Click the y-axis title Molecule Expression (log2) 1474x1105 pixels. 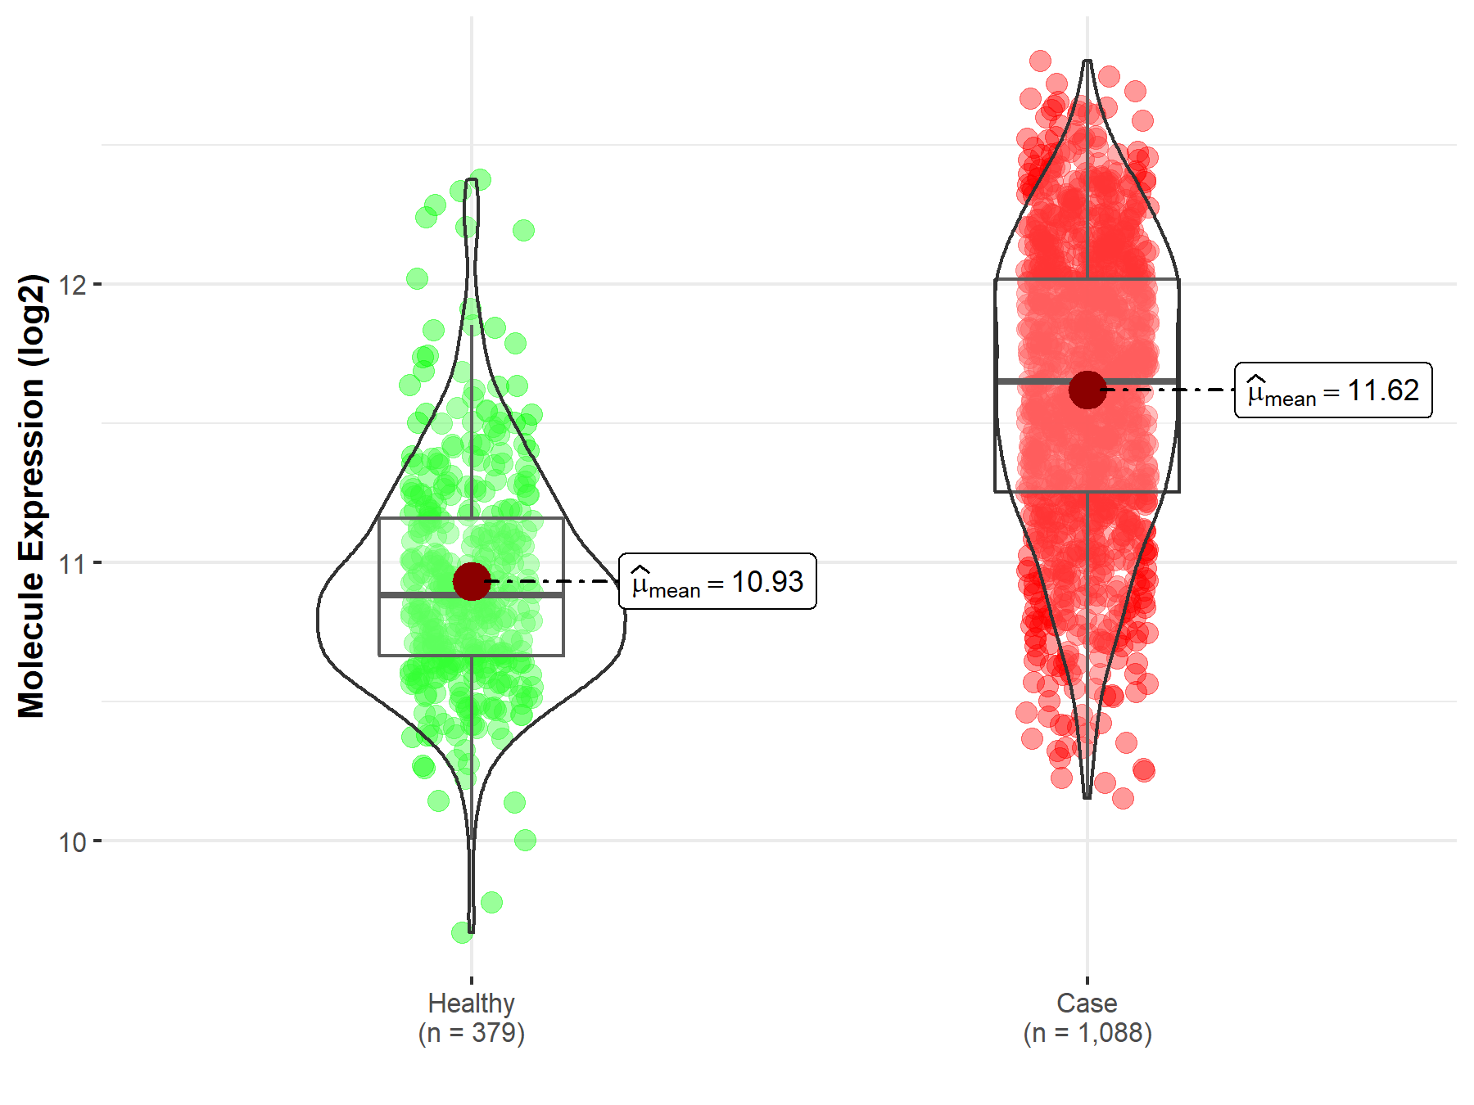(x=31, y=496)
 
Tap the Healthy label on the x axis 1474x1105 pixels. (x=471, y=1003)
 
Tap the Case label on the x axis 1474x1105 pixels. (x=1087, y=1003)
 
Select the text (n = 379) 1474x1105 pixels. (x=471, y=1033)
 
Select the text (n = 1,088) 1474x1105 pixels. (x=1087, y=1033)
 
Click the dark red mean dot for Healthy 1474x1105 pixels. (x=472, y=581)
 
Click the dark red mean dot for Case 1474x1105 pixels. (x=1087, y=390)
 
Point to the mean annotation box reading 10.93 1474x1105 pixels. (x=717, y=581)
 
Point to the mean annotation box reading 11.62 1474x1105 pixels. (x=1333, y=390)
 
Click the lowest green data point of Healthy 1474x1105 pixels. (x=462, y=932)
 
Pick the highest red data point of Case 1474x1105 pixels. (x=1040, y=61)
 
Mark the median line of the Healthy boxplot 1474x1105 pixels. (x=426, y=595)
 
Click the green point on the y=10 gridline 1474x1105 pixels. (x=525, y=840)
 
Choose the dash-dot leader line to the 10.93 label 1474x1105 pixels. (x=554, y=581)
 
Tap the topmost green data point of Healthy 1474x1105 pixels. (x=481, y=178)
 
